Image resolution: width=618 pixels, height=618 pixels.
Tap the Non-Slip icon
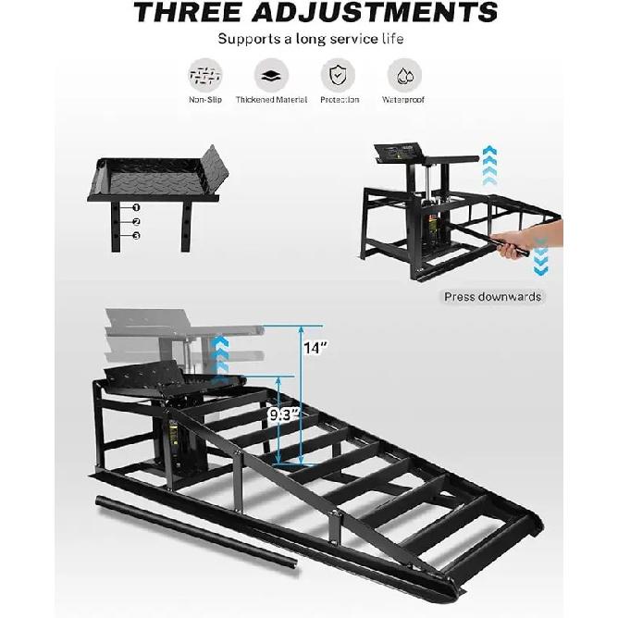coord(204,75)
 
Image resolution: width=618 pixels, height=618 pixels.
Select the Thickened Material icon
coord(272,75)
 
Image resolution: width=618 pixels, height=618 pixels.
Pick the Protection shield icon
coord(340,75)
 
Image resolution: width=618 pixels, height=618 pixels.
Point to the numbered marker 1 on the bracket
coord(136,208)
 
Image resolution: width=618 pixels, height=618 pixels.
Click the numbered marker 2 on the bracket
coord(136,222)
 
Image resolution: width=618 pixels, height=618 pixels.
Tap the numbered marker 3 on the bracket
coord(136,236)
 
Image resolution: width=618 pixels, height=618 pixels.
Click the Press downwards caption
coord(493,297)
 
